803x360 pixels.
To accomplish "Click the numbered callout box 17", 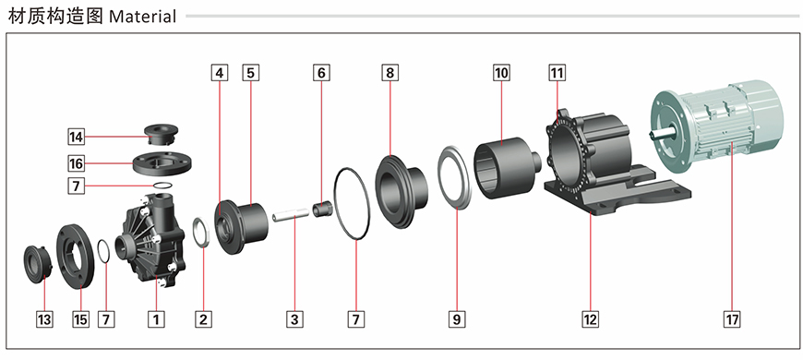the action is (x=732, y=319).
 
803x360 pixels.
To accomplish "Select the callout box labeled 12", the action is (x=590, y=319).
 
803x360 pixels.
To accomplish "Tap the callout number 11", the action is (x=557, y=73).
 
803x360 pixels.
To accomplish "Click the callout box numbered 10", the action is (x=501, y=73).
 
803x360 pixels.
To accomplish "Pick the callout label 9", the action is (x=456, y=319).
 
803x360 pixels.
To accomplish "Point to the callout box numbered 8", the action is (x=390, y=73).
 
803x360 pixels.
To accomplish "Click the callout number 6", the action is (x=321, y=73).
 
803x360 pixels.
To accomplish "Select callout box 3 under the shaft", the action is (x=294, y=319).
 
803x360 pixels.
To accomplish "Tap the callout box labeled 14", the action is (x=76, y=137).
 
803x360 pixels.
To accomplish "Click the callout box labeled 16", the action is (x=76, y=163).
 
